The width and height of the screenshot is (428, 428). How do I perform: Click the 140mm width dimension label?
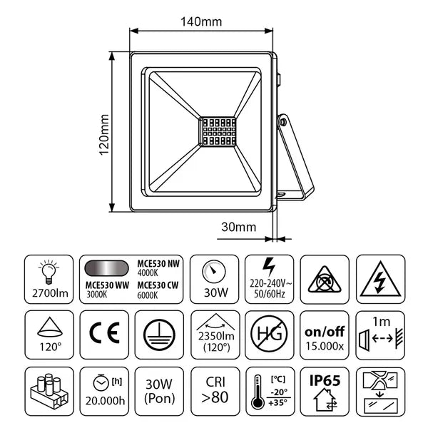coord(201,21)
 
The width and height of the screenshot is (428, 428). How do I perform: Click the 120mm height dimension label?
coord(104,135)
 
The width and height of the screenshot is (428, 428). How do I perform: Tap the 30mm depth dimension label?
coord(238,227)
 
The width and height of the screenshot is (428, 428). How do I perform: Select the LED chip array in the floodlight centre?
coord(218,132)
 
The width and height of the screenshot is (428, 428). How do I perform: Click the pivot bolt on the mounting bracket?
coord(283,122)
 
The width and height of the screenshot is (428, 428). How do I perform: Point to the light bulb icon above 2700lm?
coord(49,271)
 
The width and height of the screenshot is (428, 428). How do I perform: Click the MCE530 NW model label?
coord(158,264)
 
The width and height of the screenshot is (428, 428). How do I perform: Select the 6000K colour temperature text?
coord(148,295)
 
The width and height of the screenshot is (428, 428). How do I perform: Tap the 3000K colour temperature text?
coord(97,295)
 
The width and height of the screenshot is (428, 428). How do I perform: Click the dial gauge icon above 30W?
coord(214,272)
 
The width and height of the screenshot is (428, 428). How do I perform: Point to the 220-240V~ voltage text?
coord(270,284)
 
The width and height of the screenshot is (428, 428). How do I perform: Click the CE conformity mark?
coord(105,332)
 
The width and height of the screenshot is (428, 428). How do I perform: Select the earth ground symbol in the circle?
coord(159,335)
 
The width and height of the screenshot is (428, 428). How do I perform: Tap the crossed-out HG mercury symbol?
coord(269,334)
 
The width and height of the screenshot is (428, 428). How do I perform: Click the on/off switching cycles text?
coord(325,332)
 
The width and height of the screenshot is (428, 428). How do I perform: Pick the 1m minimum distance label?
coord(381,322)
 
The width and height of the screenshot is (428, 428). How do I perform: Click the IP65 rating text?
coord(325,380)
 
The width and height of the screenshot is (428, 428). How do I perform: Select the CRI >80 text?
coord(215,389)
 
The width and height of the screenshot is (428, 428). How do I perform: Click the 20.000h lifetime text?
coord(105,401)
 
